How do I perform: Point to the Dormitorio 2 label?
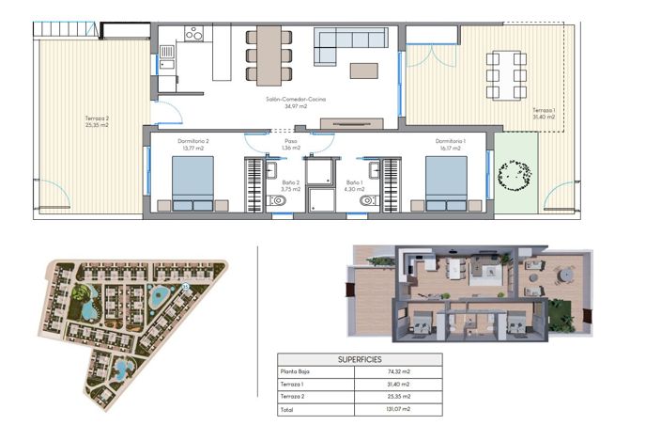[x=192, y=141]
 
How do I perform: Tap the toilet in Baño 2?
[x=279, y=200]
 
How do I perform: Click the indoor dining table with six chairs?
[x=269, y=54]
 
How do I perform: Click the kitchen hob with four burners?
[x=193, y=34]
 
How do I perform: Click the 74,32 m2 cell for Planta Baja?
[x=387, y=372]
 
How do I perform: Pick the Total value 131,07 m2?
[x=387, y=409]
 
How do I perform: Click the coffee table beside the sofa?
[x=364, y=70]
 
